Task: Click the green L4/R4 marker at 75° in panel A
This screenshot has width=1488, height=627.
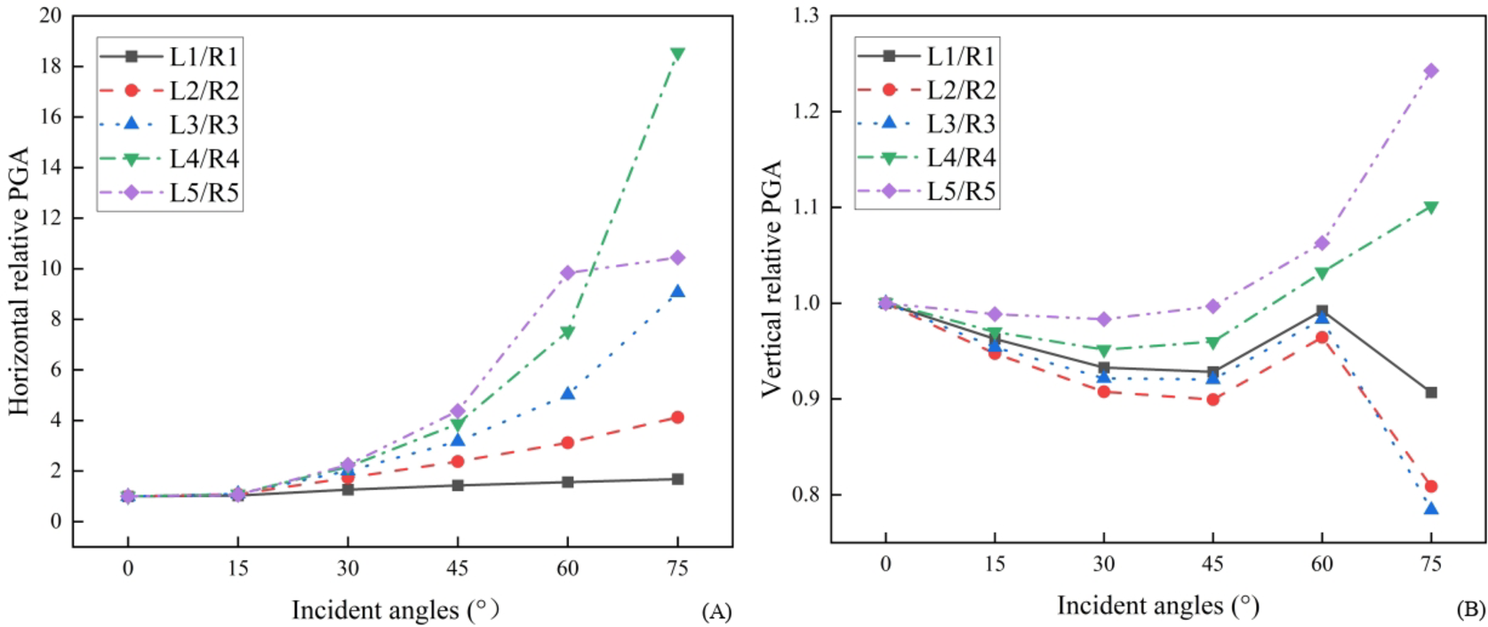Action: pos(677,54)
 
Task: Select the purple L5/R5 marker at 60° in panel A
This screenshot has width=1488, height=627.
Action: pos(568,273)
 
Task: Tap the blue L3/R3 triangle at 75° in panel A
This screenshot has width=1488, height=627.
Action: pos(677,292)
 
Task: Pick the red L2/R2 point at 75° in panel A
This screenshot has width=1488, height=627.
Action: pos(677,417)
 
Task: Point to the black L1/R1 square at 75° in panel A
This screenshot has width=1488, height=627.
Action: pos(677,479)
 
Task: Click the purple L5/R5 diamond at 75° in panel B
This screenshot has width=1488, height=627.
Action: pos(1431,71)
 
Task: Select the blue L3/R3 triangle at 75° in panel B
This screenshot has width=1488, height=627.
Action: pos(1431,509)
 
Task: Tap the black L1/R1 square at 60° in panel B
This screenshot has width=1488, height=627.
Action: pos(1322,311)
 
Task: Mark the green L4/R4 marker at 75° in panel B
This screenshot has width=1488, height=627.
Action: pos(1431,207)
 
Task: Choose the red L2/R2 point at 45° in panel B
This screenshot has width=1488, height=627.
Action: pos(1212,399)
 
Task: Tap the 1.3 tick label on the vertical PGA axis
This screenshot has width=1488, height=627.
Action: pos(806,16)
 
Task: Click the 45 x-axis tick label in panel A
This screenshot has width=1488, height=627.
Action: pos(457,569)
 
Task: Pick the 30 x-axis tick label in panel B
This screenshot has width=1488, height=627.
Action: pos(1103,564)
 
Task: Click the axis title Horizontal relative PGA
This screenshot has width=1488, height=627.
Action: pos(20,281)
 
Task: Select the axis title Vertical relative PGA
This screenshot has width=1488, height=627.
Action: pos(772,278)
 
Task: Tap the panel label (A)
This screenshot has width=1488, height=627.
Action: pos(716,612)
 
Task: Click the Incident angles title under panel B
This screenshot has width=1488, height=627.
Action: pos(1157,606)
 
